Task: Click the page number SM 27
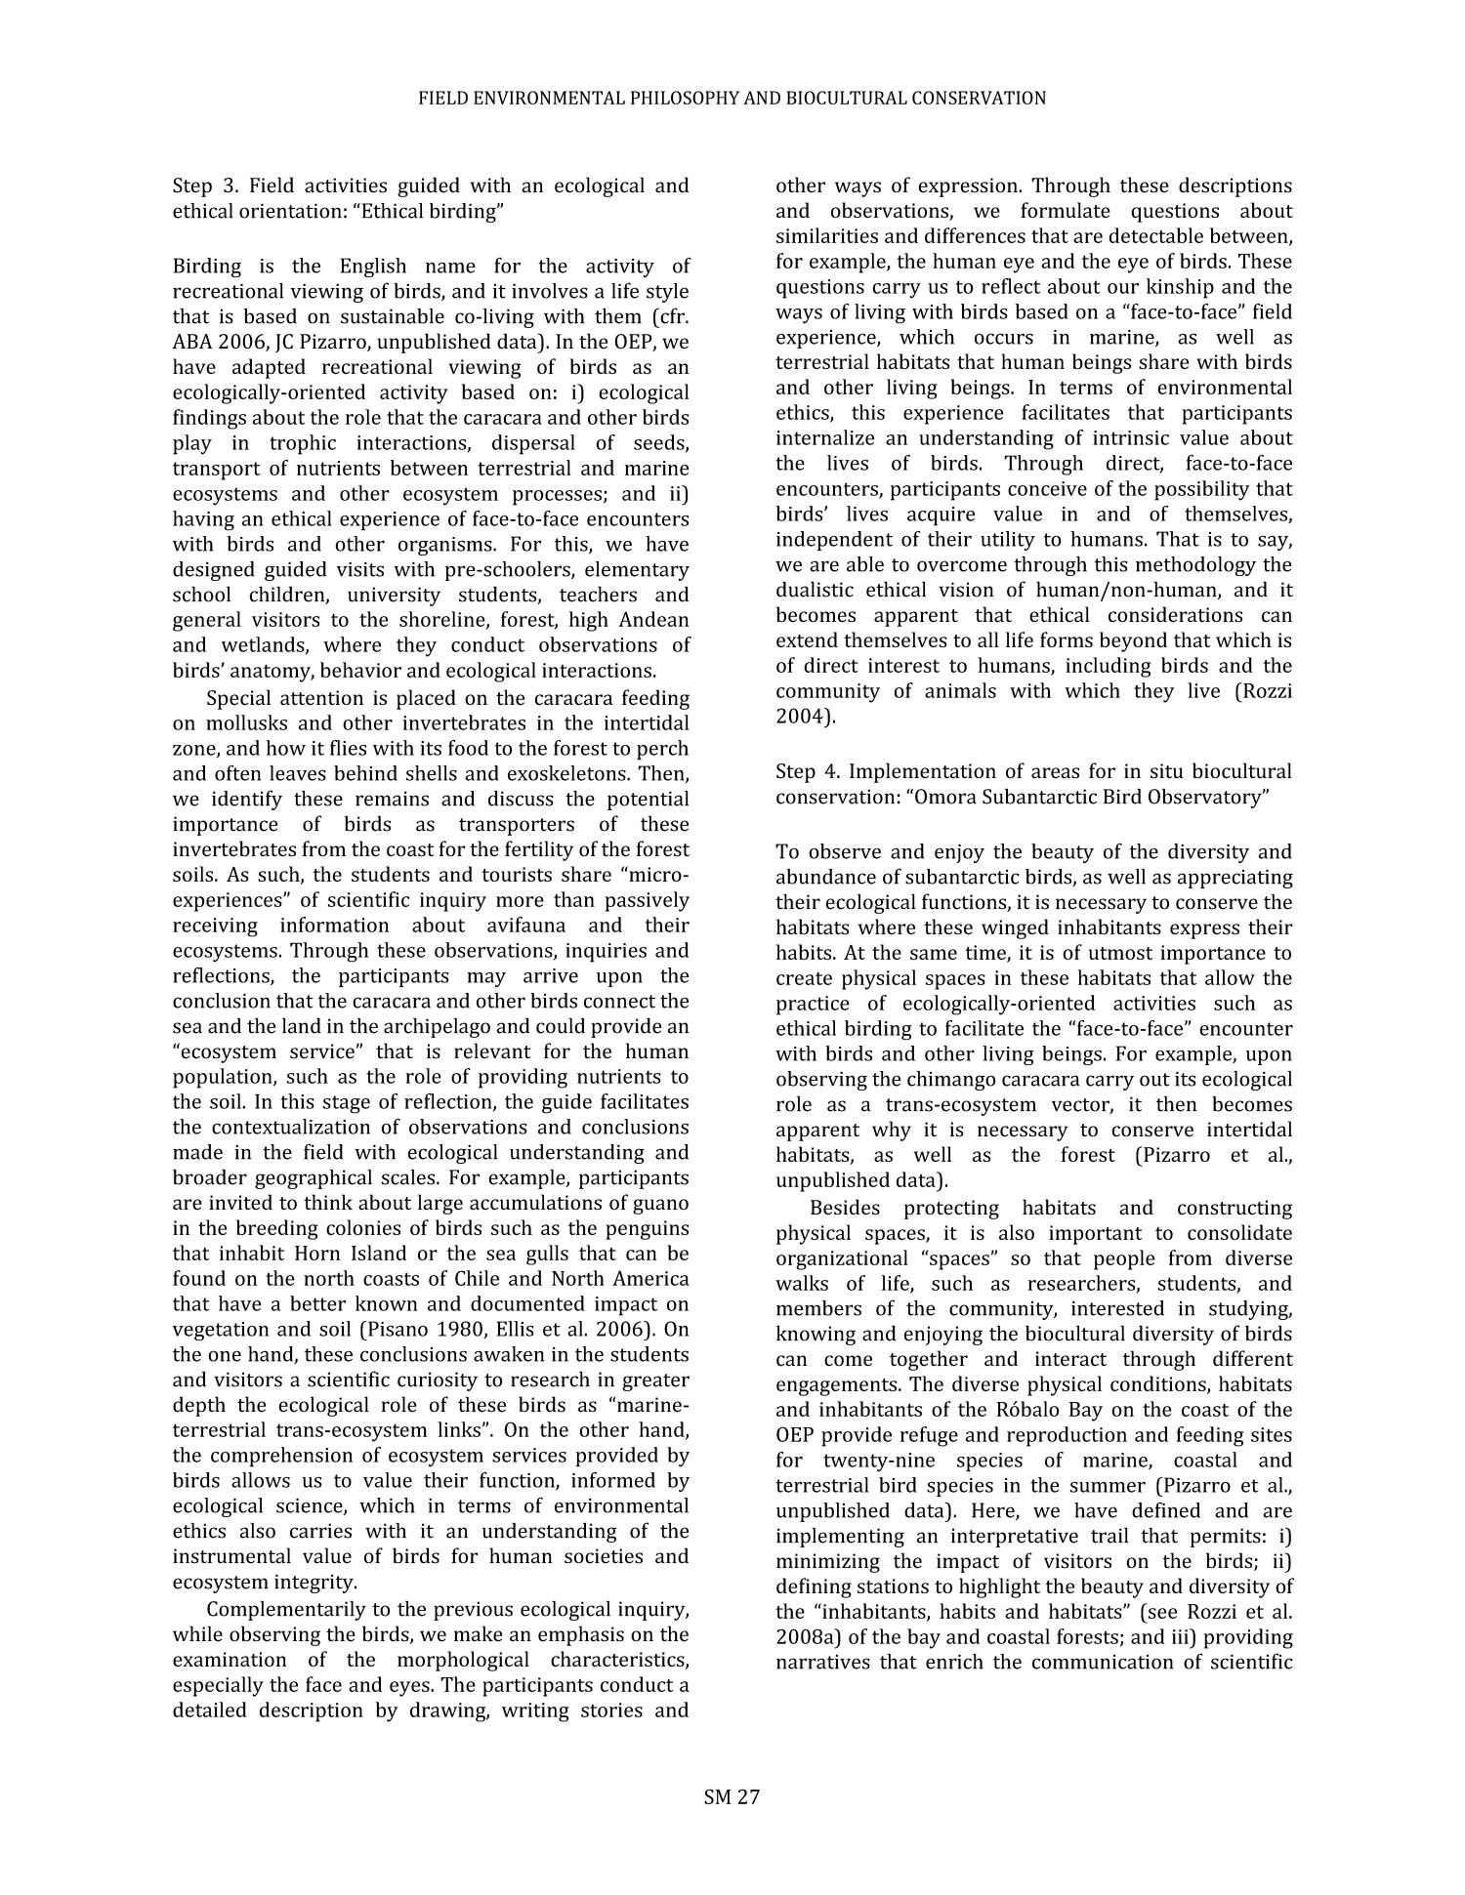(732, 1797)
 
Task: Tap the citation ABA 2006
(217, 342)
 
